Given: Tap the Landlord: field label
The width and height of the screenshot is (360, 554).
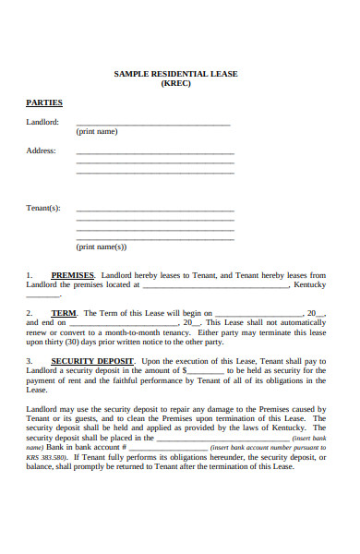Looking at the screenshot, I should tap(42, 122).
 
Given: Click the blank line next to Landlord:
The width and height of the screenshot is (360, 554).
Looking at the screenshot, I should tap(152, 124).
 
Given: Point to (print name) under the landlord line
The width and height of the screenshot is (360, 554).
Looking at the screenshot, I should tap(97, 132).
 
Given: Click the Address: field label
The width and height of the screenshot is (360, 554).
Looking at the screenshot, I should tap(41, 151).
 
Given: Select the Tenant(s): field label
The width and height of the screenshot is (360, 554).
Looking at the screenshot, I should tap(42, 208).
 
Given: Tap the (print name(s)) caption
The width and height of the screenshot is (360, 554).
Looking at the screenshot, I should tap(101, 247).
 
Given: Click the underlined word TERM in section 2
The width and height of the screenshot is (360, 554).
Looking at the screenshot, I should tap(64, 313).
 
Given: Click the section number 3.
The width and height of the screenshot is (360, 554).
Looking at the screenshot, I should tap(30, 361).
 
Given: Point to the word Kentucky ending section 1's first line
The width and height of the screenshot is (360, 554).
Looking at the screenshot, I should tap(309, 284).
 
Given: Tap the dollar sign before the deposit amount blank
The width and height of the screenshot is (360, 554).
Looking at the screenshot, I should tap(185, 370).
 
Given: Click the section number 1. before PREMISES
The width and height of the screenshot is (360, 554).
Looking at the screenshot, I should tap(30, 275).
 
